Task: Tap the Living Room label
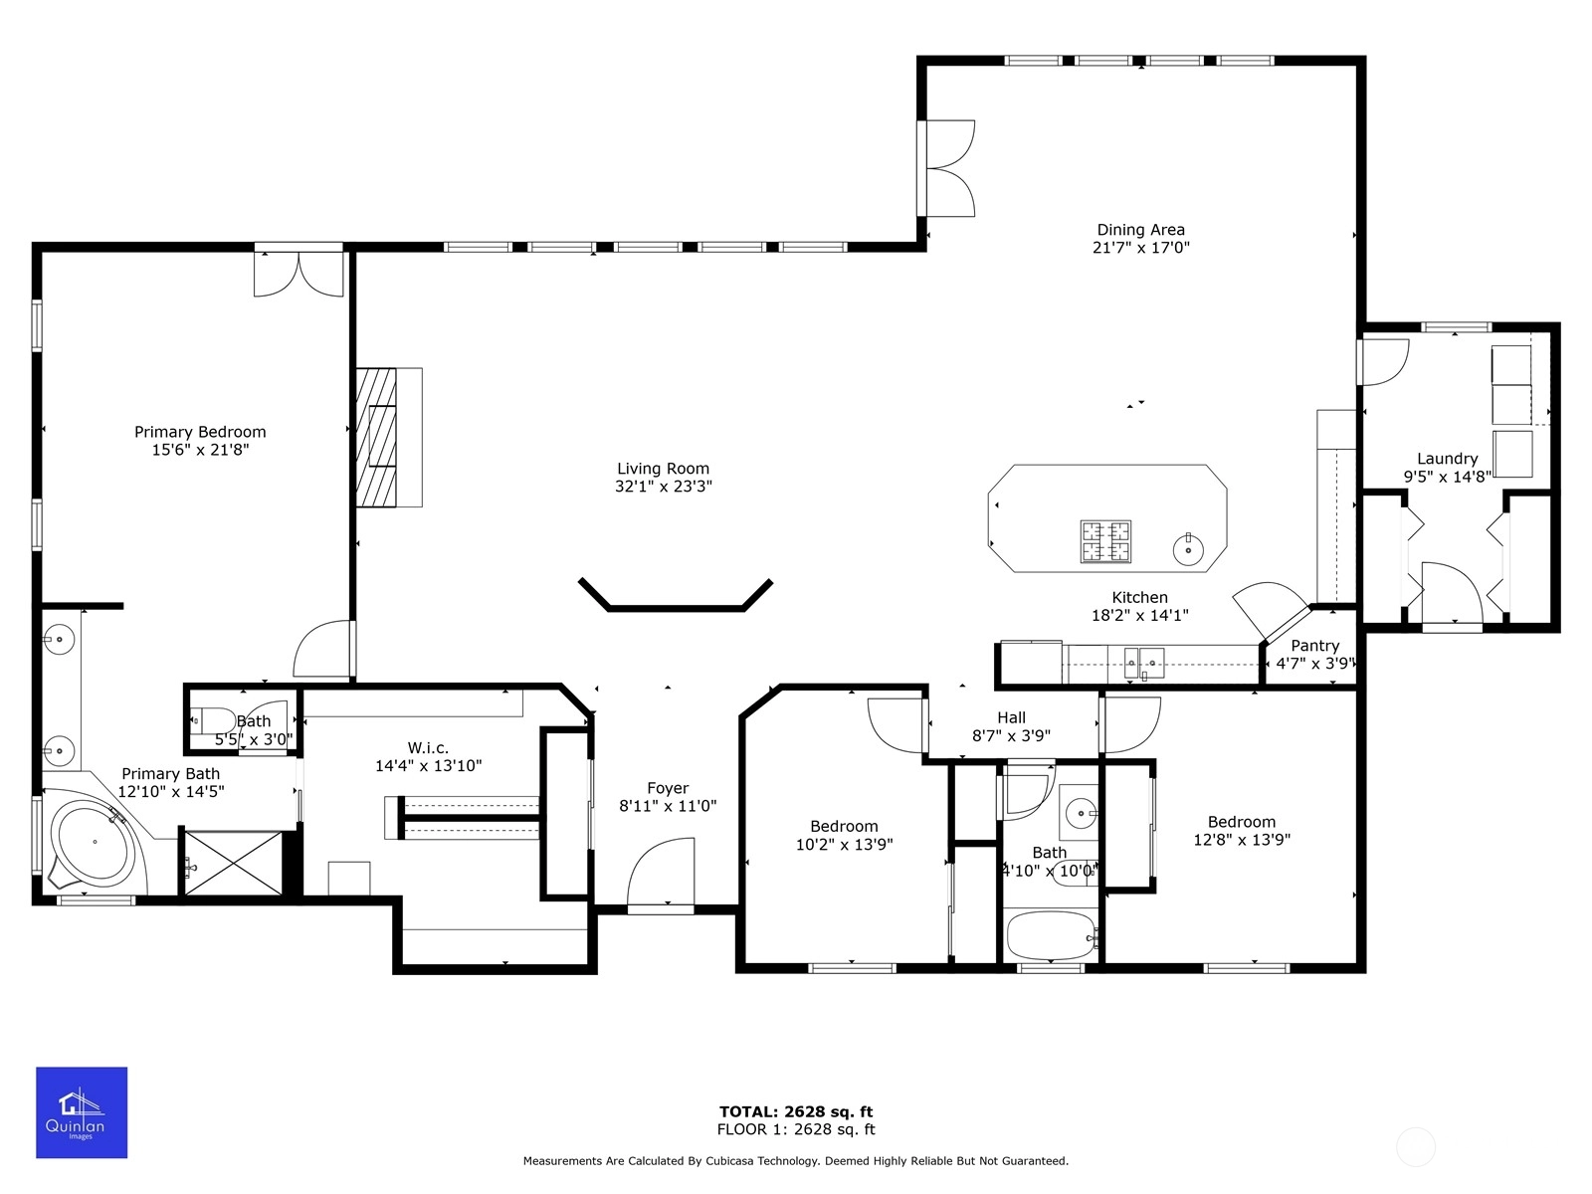click(663, 469)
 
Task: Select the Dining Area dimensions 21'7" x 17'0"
click(1141, 248)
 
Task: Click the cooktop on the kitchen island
click(1105, 541)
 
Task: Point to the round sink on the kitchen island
click(1188, 550)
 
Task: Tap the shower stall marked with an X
click(233, 864)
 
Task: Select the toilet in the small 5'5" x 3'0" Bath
click(213, 720)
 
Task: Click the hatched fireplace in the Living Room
click(376, 437)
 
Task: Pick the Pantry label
click(1315, 646)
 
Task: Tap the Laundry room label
click(1447, 459)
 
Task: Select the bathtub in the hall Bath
click(1051, 936)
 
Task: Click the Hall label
click(1011, 717)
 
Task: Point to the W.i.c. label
click(428, 747)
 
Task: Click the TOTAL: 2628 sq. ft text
click(796, 1111)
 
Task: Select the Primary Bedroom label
click(200, 432)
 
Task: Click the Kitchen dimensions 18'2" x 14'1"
click(1140, 616)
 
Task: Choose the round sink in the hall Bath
click(1081, 813)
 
